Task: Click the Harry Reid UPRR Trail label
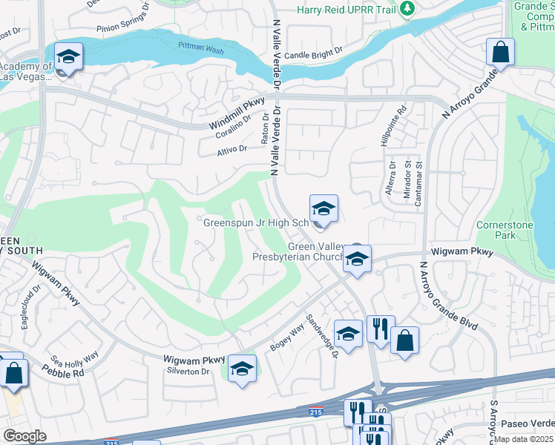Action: pyautogui.click(x=345, y=10)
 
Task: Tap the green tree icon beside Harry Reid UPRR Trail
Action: pyautogui.click(x=407, y=9)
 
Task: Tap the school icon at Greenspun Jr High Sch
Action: pyautogui.click(x=324, y=208)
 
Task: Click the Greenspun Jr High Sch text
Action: pyautogui.click(x=256, y=222)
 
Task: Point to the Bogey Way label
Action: pyautogui.click(x=288, y=337)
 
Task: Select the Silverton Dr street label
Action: pyautogui.click(x=190, y=371)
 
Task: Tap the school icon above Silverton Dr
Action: pyautogui.click(x=242, y=368)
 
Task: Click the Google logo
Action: pyautogui.click(x=24, y=435)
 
